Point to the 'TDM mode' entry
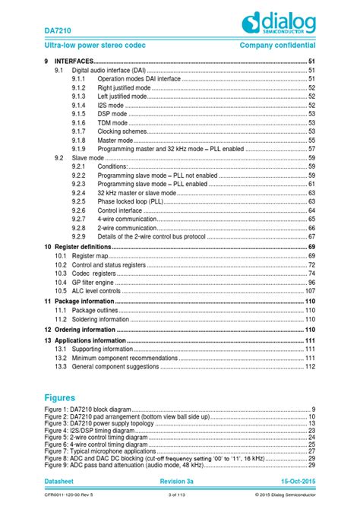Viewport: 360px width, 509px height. (112, 122)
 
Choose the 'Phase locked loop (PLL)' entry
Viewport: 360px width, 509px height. (130, 202)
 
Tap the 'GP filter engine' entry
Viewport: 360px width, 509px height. (98, 283)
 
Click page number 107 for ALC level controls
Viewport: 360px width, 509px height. (309, 291)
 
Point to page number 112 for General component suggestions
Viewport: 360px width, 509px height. (309, 367)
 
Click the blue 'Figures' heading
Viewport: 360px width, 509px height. (60, 397)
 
